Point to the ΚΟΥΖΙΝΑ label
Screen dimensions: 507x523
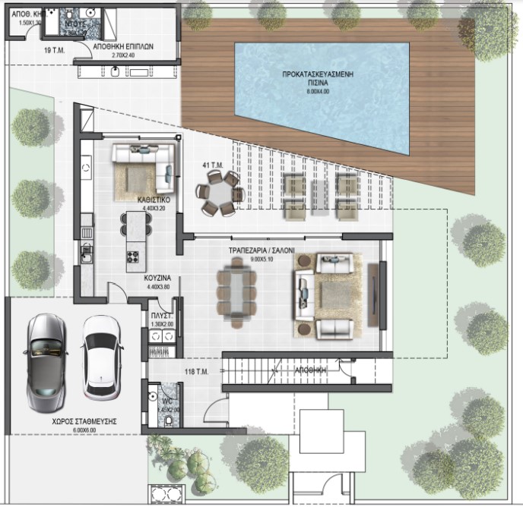[157, 279]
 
